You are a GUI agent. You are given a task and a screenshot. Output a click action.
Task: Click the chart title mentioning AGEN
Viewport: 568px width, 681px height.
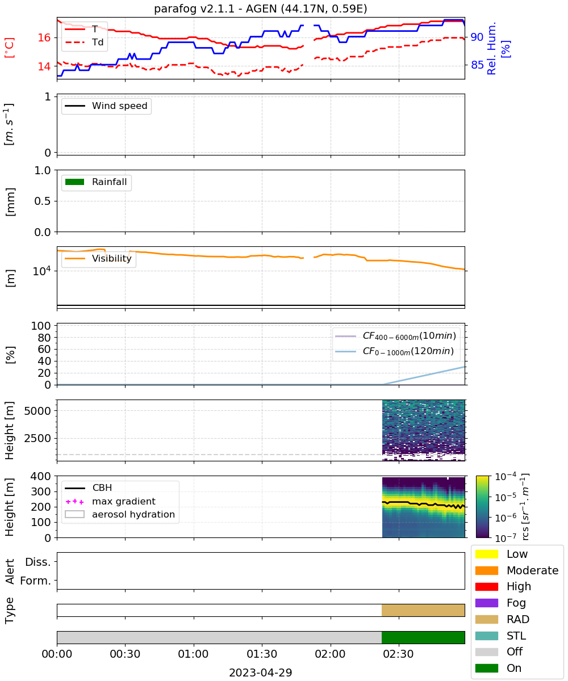[261, 9]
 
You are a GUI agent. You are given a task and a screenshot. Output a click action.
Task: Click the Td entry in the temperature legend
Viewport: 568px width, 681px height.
[84, 43]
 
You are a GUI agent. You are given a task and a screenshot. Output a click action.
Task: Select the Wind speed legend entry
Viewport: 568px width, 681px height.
[106, 106]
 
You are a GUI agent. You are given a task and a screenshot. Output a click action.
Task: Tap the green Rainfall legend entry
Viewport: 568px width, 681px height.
[96, 182]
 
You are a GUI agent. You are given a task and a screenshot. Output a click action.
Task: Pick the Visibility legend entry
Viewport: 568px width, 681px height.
[98, 258]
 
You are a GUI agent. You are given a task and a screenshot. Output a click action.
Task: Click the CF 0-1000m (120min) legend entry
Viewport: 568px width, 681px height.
[394, 351]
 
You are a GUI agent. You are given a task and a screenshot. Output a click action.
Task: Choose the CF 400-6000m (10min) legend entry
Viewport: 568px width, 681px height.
[395, 336]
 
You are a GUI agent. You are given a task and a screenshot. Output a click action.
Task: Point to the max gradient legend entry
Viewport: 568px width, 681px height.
[110, 501]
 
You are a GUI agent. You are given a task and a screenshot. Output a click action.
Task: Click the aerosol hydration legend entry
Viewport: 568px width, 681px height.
[120, 515]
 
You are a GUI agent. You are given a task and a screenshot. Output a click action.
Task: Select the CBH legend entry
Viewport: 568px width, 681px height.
[89, 488]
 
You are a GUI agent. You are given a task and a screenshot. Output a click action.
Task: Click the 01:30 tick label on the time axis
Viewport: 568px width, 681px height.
[262, 654]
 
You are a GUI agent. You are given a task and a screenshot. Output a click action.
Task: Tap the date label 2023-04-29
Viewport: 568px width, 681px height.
[261, 672]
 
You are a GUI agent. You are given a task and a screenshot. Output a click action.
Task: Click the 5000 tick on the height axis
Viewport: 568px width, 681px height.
[37, 411]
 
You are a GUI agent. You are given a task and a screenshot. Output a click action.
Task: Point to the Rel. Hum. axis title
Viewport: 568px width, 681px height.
[491, 48]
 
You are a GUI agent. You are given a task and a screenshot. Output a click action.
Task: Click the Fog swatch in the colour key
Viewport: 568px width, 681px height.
[487, 603]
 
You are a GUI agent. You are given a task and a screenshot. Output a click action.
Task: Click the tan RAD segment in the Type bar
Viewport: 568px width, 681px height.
[423, 610]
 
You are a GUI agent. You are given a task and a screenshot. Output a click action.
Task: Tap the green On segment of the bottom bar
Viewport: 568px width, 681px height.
[423, 638]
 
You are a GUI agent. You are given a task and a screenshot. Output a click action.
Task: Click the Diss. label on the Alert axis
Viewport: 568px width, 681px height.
[38, 562]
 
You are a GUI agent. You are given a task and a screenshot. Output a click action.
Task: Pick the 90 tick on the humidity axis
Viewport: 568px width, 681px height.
[477, 37]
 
